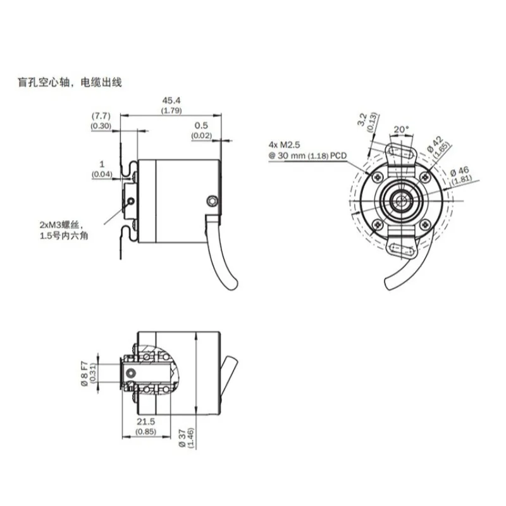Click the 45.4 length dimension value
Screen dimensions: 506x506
tap(171, 101)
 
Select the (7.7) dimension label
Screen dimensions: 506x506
tap(101, 116)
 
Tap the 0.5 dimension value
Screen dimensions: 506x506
tap(201, 125)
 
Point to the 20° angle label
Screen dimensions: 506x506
tap(401, 130)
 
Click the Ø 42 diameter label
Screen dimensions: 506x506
tap(436, 144)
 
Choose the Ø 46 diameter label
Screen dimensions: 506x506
tap(460, 171)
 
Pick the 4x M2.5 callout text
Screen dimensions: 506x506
tap(284, 145)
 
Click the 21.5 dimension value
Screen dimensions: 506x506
tap(146, 421)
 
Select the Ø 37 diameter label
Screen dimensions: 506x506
tap(182, 438)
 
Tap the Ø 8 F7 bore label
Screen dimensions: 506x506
tap(84, 374)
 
